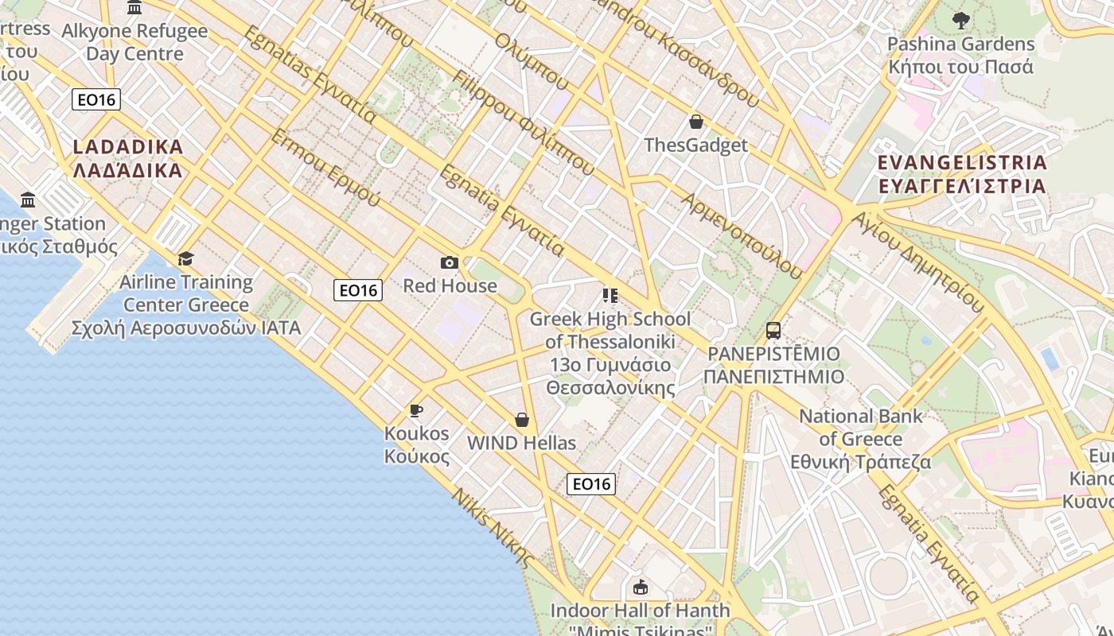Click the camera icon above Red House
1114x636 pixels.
click(x=449, y=262)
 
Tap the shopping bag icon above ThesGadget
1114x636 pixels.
click(x=696, y=122)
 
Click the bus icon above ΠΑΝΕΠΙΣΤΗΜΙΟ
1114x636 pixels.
click(x=773, y=330)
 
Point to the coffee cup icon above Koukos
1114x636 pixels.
click(x=415, y=410)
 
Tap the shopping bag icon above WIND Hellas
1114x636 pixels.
click(x=522, y=420)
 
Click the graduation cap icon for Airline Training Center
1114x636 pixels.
click(x=185, y=258)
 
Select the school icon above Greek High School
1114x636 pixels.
click(x=610, y=296)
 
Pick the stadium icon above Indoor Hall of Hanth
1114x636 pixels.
click(x=641, y=588)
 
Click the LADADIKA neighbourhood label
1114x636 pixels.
click(x=127, y=158)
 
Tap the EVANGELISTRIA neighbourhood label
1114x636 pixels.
click(x=961, y=174)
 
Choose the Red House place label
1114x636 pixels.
click(x=450, y=285)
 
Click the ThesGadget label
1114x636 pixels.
click(x=696, y=145)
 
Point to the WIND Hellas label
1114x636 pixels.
click(x=521, y=443)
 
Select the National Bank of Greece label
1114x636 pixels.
click(x=861, y=439)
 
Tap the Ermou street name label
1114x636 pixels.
click(x=326, y=167)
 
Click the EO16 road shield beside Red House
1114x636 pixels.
click(x=358, y=290)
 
